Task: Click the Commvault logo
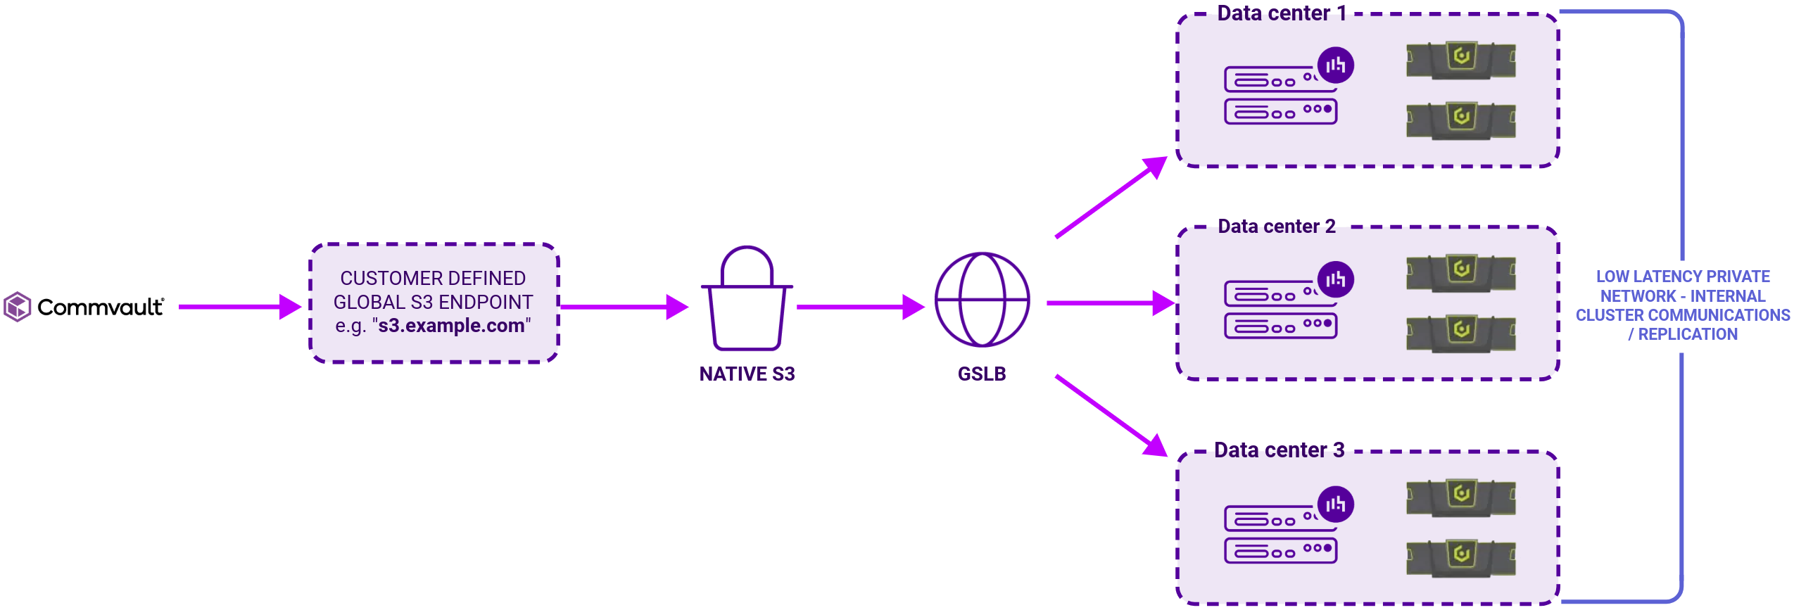84,307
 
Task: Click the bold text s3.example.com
450,326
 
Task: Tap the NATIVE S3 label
746,374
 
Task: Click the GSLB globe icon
982,300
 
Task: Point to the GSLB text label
982,374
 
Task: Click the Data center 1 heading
1281,13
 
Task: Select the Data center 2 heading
1276,227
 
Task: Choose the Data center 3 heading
1279,450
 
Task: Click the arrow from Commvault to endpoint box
239,307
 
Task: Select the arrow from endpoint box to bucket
624,307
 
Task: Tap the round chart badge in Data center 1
1335,65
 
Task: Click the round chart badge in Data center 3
1335,504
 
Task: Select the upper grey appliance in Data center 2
1460,273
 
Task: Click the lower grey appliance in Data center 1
1460,120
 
